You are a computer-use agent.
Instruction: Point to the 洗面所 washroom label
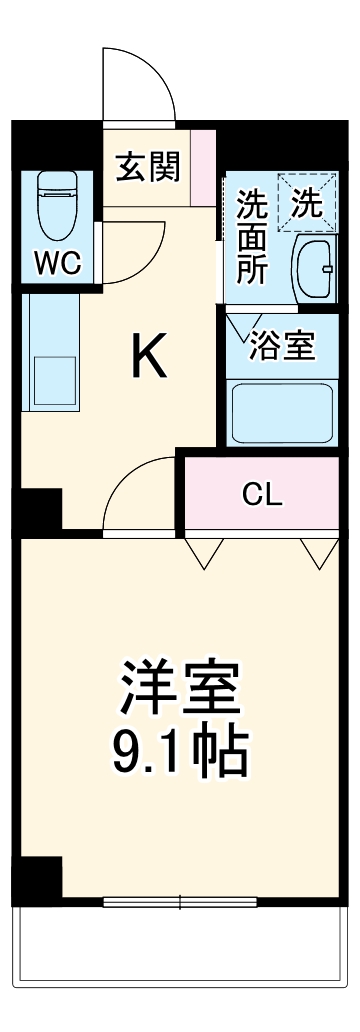click(x=251, y=238)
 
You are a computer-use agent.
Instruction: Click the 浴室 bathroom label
click(x=283, y=346)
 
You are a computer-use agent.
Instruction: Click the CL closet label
click(x=263, y=494)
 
